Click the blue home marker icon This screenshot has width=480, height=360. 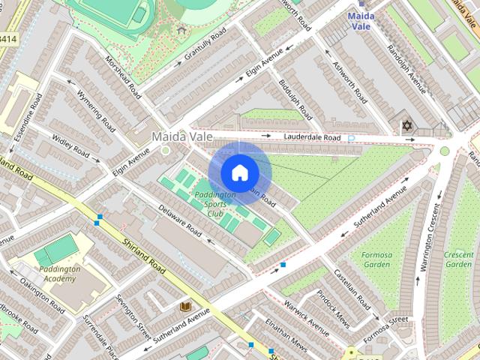[x=239, y=173]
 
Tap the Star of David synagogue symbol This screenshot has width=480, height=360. [x=407, y=125]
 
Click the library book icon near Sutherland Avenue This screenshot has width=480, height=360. [x=184, y=307]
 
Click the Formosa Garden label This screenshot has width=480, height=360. [x=376, y=259]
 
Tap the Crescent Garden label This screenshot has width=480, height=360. [x=458, y=259]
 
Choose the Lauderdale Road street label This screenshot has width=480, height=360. [x=311, y=137]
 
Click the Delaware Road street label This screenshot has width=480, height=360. [x=180, y=223]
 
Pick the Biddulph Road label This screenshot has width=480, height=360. [x=295, y=100]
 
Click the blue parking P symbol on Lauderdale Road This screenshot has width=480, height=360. [x=350, y=138]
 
